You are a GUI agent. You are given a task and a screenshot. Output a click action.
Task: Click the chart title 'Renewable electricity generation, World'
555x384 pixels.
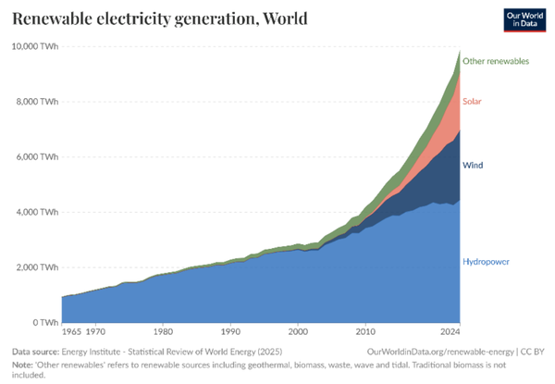click(160, 19)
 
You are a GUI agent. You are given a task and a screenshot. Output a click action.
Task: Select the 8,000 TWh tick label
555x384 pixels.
click(35, 101)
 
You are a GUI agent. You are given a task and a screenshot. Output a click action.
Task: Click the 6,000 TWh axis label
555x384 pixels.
click(35, 156)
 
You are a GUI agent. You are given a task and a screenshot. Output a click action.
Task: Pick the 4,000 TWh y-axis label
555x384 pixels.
click(35, 212)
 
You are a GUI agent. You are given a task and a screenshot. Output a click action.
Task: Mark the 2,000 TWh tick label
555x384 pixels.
click(35, 267)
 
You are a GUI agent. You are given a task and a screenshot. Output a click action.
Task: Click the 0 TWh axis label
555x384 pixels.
click(43, 322)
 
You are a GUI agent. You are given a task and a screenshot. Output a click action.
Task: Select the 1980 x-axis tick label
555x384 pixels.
click(163, 330)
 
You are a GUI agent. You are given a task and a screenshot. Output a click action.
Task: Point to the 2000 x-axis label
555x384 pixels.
click(298, 330)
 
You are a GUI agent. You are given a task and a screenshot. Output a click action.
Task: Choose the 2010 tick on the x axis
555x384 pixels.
click(365, 330)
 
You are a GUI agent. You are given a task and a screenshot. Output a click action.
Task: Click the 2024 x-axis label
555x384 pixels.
click(450, 330)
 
